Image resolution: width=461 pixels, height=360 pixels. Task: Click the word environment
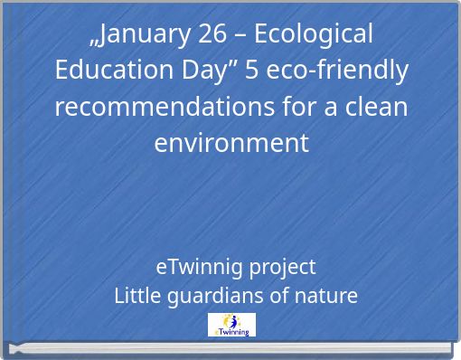[231, 143]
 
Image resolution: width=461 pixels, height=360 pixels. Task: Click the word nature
[326, 296]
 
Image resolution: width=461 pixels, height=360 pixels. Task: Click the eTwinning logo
[231, 325]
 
